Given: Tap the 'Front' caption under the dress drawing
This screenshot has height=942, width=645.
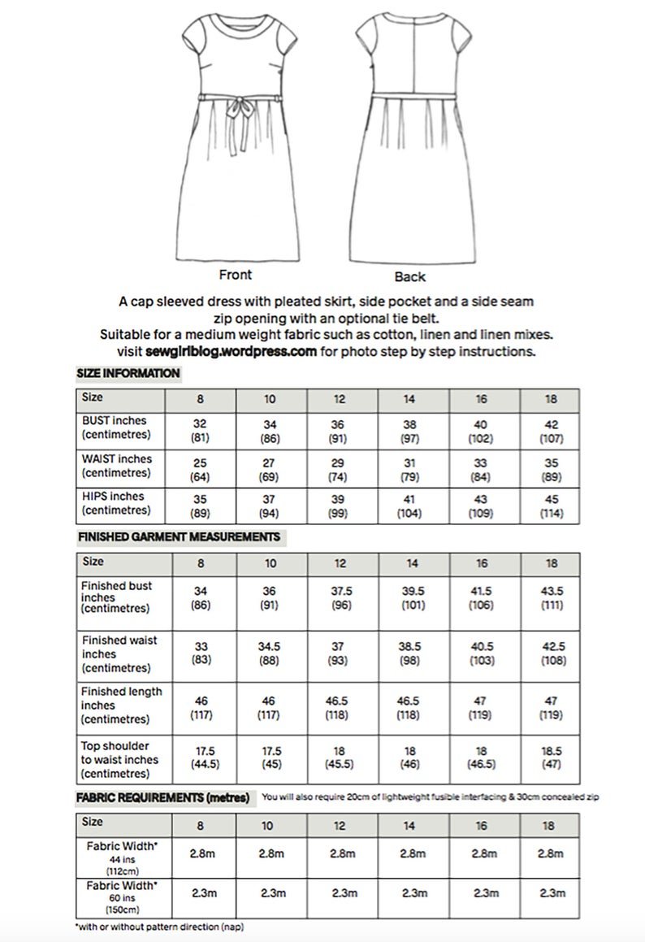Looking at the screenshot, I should click(235, 275).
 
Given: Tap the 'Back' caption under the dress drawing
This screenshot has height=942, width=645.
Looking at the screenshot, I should click(410, 276).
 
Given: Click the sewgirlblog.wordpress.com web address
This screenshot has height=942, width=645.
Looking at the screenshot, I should click(231, 352).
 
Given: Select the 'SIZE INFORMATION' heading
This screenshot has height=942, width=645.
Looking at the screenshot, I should click(128, 374).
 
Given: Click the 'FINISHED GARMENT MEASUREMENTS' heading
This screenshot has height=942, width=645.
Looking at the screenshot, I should click(179, 537).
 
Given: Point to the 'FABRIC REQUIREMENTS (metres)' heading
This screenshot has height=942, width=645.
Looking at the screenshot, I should click(163, 798).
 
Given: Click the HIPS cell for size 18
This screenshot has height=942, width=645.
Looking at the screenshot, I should click(552, 505).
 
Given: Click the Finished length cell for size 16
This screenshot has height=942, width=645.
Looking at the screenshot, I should click(482, 707).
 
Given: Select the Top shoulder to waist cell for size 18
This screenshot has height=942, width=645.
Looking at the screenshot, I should click(552, 758).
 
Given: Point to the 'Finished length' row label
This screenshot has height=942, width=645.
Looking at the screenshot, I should click(121, 705).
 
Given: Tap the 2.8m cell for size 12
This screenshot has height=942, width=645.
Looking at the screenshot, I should click(342, 854).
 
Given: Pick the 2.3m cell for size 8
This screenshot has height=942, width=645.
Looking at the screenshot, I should click(201, 893).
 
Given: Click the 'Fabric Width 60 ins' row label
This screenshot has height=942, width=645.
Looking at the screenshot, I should click(121, 895).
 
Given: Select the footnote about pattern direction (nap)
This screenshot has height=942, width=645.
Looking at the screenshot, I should click(159, 926).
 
